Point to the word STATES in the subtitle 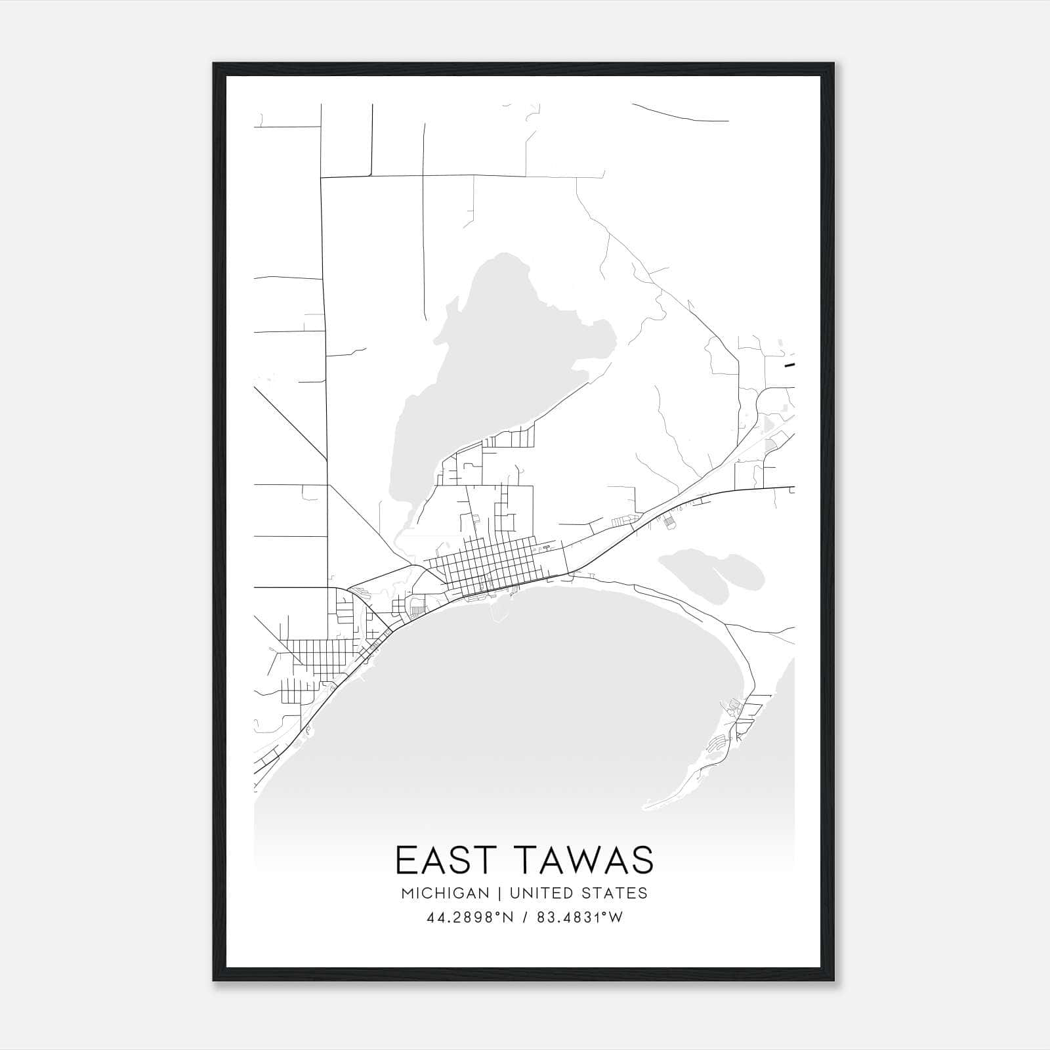pos(616,893)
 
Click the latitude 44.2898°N pos(469,918)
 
